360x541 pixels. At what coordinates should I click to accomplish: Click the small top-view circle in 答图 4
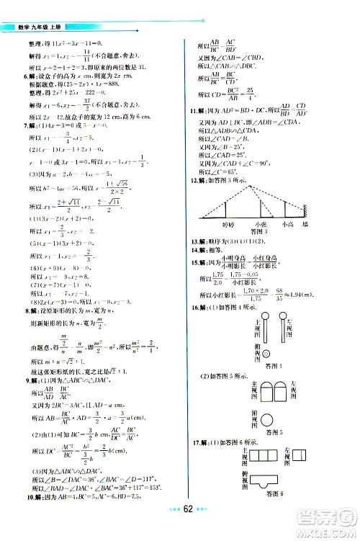click(x=266, y=354)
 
